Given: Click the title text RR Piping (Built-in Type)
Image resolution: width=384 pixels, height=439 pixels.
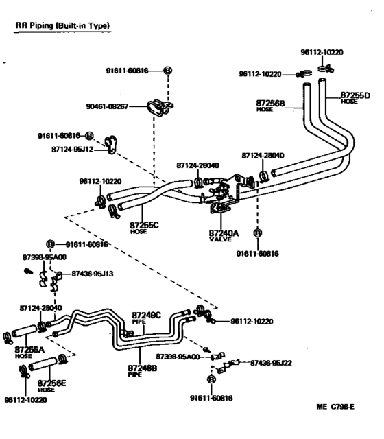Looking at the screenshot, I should (x=63, y=25).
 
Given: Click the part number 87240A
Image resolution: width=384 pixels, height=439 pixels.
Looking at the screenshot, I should (x=224, y=233).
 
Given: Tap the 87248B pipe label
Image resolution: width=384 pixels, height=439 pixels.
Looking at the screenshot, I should (x=142, y=368).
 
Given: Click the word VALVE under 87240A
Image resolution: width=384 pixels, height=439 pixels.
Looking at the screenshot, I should (x=220, y=240).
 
